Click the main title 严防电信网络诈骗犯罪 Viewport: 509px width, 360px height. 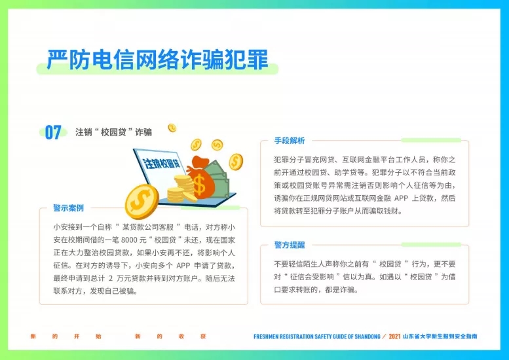point(158,60)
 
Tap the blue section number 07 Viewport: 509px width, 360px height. point(53,132)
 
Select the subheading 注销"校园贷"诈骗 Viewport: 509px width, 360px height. point(113,132)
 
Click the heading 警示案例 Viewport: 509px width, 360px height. point(69,208)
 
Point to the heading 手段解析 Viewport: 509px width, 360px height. point(290,141)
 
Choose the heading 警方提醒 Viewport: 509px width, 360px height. point(290,245)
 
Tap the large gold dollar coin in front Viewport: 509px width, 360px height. point(141,201)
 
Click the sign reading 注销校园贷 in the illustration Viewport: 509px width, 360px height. point(161,163)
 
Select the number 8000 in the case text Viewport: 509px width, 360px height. point(129,240)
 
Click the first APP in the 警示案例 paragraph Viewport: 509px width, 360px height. point(183,266)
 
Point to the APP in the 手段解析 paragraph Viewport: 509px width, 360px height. point(401,198)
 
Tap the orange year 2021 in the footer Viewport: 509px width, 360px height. point(395,336)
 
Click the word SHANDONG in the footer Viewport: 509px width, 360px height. point(368,336)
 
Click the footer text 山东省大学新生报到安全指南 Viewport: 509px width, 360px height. point(440,336)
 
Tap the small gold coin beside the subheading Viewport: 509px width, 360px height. point(172,128)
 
